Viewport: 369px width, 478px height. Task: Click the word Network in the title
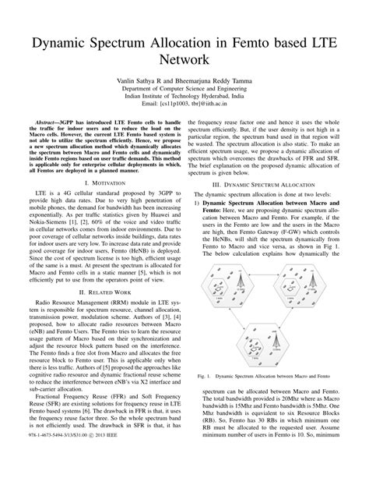coord(184,58)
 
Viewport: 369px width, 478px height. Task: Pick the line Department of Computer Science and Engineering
coord(184,90)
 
